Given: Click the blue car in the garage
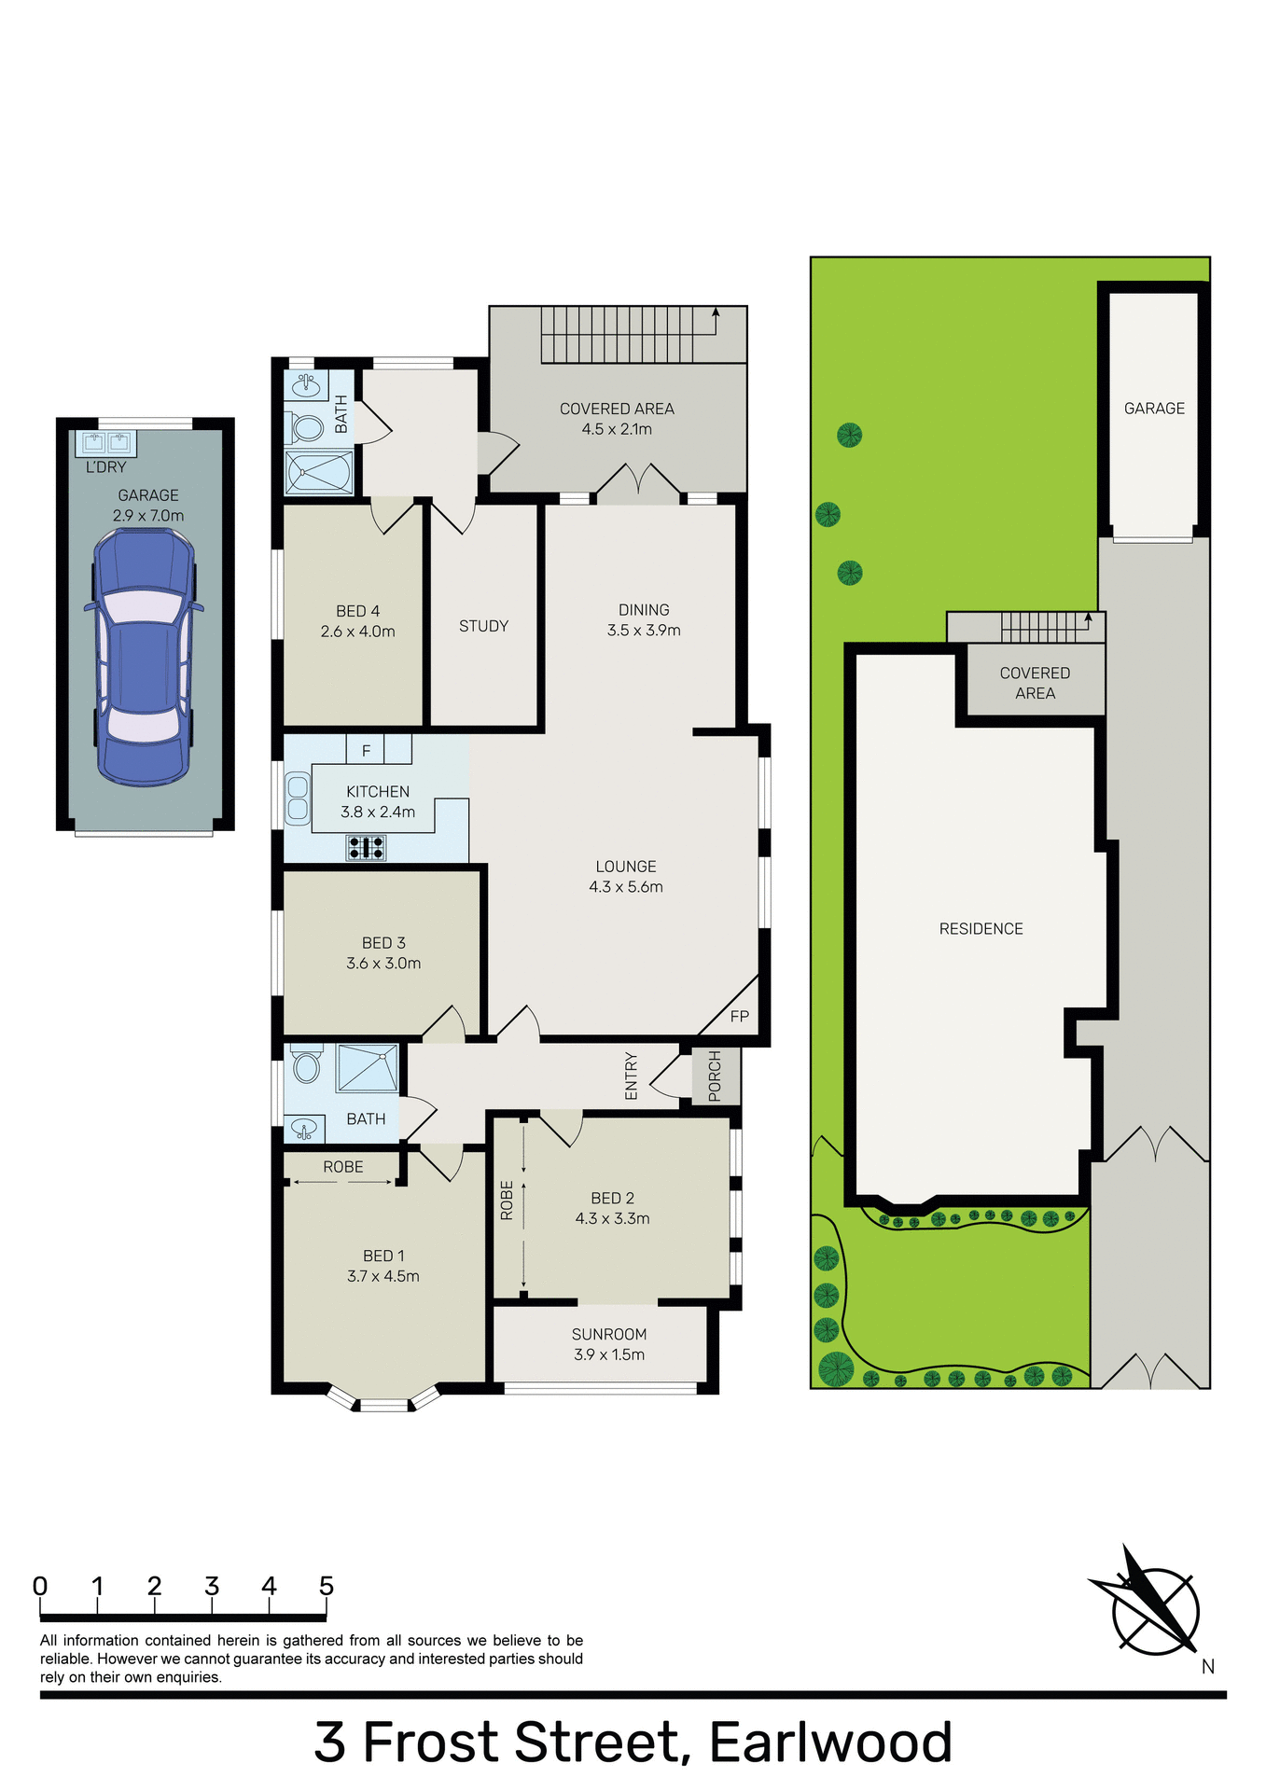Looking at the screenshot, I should pyautogui.click(x=144, y=657).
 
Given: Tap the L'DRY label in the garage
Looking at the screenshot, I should pyautogui.click(x=105, y=466).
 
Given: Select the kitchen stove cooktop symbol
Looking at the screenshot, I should pyautogui.click(x=366, y=847).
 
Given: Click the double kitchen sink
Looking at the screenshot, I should pyautogui.click(x=298, y=798).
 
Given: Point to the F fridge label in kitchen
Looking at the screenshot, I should pyautogui.click(x=366, y=750).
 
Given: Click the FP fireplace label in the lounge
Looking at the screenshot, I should pyautogui.click(x=739, y=1016).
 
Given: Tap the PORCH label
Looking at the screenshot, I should pyautogui.click(x=716, y=1076).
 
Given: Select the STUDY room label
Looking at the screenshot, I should pyautogui.click(x=483, y=626).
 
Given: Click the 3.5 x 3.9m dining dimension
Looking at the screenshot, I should pyautogui.click(x=644, y=631).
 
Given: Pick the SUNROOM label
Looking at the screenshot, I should pyautogui.click(x=609, y=1334).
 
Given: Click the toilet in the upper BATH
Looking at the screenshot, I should pyautogui.click(x=305, y=428).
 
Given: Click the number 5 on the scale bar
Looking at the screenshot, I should pyautogui.click(x=327, y=1586).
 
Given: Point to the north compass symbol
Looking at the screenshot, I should pyautogui.click(x=1155, y=1611).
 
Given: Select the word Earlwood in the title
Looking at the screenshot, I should pyautogui.click(x=830, y=1742).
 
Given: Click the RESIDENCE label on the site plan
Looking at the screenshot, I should pyautogui.click(x=981, y=928).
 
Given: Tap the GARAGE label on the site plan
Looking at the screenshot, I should pyautogui.click(x=1154, y=408).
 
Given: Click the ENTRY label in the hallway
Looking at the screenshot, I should pyautogui.click(x=632, y=1076).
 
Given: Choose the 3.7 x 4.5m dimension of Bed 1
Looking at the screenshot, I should pyautogui.click(x=383, y=1276).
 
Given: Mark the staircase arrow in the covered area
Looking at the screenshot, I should pyautogui.click(x=716, y=318).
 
